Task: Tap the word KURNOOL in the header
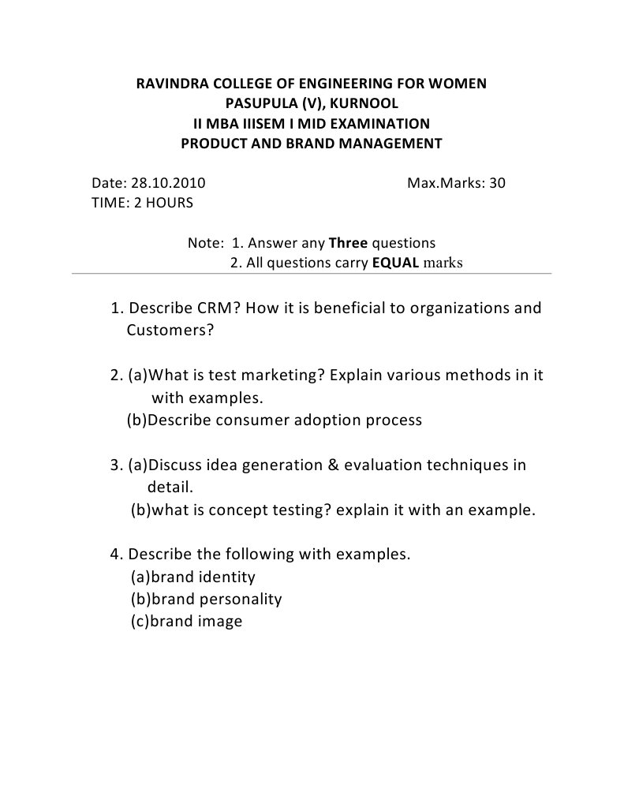(359, 103)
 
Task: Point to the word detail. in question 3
(170, 487)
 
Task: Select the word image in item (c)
(220, 621)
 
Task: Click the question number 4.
(115, 554)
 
